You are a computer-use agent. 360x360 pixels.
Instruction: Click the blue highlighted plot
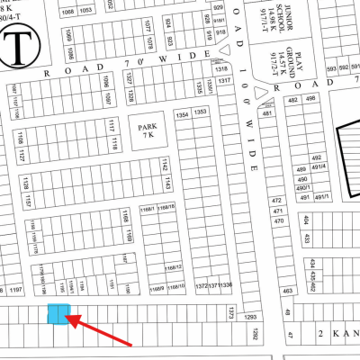pos(58,314)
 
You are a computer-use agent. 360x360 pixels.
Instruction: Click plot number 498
pos(310,99)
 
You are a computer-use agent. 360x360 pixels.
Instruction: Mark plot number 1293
pos(252,317)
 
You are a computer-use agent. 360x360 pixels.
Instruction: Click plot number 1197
pos(15,289)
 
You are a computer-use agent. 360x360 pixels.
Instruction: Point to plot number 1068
pos(68,12)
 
